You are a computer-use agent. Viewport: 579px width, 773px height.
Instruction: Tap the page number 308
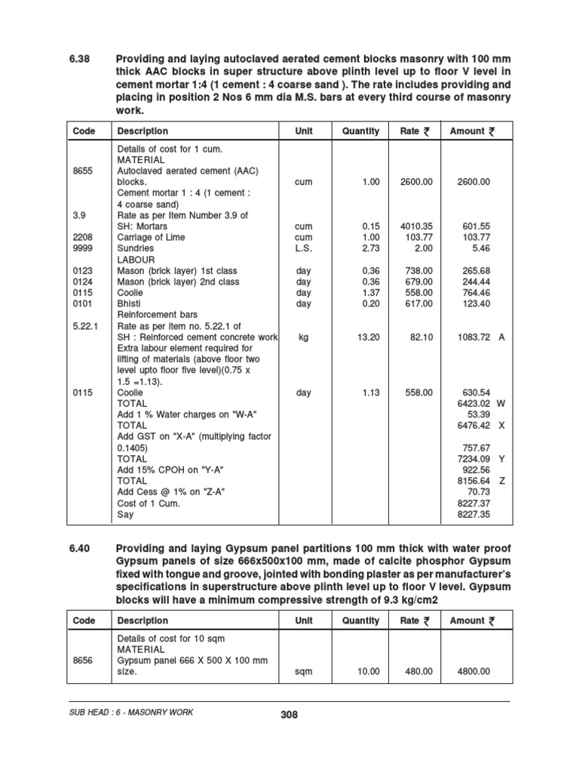(x=289, y=715)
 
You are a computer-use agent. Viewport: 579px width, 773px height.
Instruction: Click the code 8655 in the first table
(x=82, y=171)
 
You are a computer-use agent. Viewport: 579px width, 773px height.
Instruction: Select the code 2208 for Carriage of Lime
(x=82, y=237)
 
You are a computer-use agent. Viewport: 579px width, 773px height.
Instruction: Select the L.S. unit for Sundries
(x=304, y=248)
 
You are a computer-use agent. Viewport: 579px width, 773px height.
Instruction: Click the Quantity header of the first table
(x=360, y=131)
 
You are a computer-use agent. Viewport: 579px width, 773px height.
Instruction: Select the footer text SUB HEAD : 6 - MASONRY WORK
(x=130, y=713)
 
